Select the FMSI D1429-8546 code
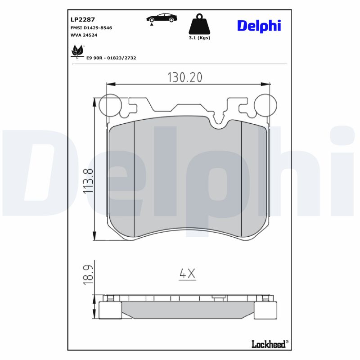[x=91, y=27]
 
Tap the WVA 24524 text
[x=84, y=35]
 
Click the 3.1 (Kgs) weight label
[x=199, y=38]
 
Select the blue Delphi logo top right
[x=259, y=26]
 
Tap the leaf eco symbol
[x=77, y=51]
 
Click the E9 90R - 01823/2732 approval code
[x=111, y=58]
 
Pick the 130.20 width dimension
[x=185, y=77]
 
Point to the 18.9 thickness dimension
[x=88, y=274]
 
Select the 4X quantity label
[x=187, y=274]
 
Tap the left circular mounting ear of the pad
[x=110, y=106]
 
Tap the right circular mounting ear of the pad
[x=264, y=106]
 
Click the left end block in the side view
[x=110, y=310]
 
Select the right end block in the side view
[x=265, y=310]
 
